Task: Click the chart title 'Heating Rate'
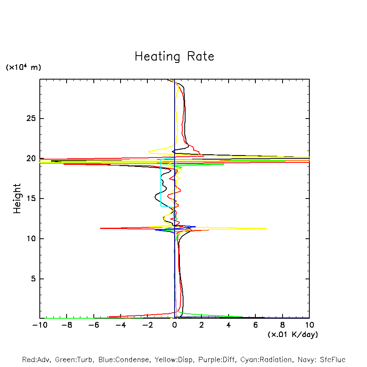click(174, 56)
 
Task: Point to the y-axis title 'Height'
click(17, 199)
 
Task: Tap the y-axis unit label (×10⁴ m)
click(23, 67)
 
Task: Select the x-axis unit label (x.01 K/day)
click(293, 335)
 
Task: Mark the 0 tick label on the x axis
click(175, 325)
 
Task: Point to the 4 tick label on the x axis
click(229, 325)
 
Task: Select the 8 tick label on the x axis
click(283, 325)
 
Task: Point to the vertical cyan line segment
click(161, 183)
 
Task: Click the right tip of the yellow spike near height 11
click(266, 228)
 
